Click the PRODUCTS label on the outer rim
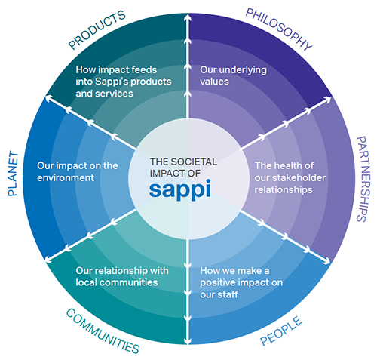[97, 29]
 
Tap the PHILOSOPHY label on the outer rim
[278, 29]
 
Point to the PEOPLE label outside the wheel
[281, 331]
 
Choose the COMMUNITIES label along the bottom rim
[103, 331]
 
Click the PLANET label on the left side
[13, 174]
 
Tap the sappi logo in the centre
[180, 189]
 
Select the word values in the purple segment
[214, 82]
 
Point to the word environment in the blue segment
[66, 178]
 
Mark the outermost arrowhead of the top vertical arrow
[188, 17]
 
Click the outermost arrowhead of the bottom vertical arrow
[188, 342]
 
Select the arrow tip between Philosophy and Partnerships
[330, 97]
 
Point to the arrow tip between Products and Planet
[46, 97]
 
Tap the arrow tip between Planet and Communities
[46, 260]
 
